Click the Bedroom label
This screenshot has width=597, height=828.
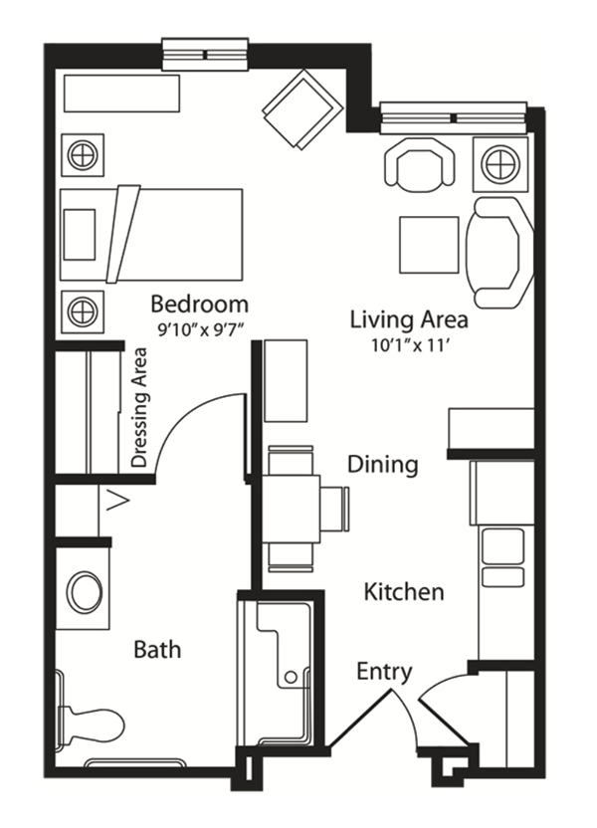pyautogui.click(x=200, y=305)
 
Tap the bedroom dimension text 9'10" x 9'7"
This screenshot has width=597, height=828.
pyautogui.click(x=200, y=330)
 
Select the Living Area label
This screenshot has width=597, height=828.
pyautogui.click(x=409, y=319)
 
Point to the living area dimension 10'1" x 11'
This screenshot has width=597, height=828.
pyautogui.click(x=410, y=346)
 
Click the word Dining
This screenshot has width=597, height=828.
pyautogui.click(x=383, y=465)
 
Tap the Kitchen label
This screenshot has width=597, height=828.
pyautogui.click(x=404, y=592)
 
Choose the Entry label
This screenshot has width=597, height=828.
pyautogui.click(x=384, y=672)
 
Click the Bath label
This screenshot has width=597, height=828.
pyautogui.click(x=157, y=649)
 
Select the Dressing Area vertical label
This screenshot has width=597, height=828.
pyautogui.click(x=139, y=407)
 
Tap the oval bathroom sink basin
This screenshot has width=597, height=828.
pyautogui.click(x=87, y=591)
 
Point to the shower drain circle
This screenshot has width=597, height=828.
pyautogui.click(x=291, y=677)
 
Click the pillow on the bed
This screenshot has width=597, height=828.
pyautogui.click(x=80, y=235)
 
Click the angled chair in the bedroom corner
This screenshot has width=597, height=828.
pyautogui.click(x=301, y=109)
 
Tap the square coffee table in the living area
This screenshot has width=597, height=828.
pyautogui.click(x=429, y=245)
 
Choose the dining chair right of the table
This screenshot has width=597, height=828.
pyautogui.click(x=334, y=510)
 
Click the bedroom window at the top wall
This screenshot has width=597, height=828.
pyautogui.click(x=205, y=55)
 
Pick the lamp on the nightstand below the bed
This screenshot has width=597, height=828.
pyautogui.click(x=83, y=311)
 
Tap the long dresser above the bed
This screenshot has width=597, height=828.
pyautogui.click(x=122, y=93)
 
